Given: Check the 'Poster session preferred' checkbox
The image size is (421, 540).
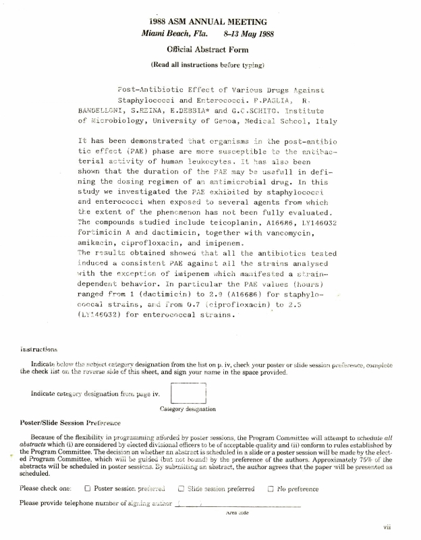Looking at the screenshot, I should pyautogui.click(x=88, y=489).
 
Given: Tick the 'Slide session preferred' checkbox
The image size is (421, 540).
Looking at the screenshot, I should pyautogui.click(x=181, y=489).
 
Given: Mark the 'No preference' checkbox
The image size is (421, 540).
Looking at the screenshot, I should pyautogui.click(x=271, y=489).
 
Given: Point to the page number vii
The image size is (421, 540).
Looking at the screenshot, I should pyautogui.click(x=387, y=527).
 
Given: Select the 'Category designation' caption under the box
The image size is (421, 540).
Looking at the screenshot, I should pyautogui.click(x=188, y=409).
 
